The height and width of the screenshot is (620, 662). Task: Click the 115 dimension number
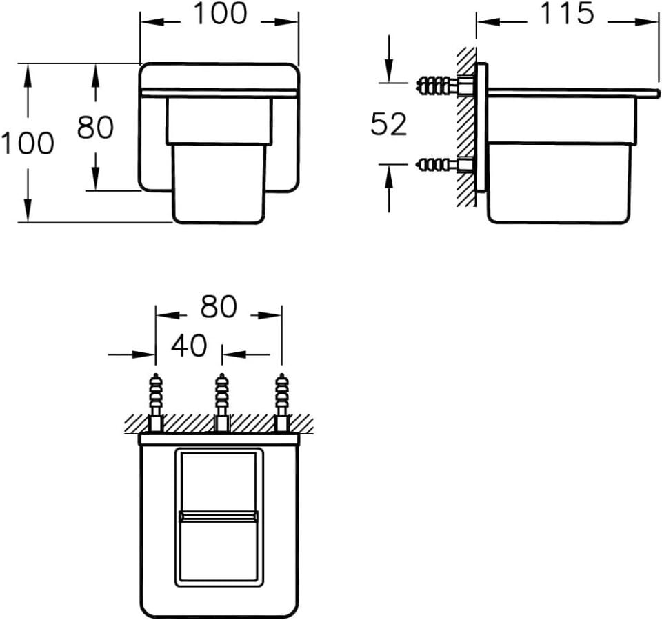click(567, 14)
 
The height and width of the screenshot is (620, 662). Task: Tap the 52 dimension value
click(389, 123)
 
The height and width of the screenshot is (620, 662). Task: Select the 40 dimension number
click(189, 346)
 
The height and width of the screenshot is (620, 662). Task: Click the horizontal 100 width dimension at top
click(219, 13)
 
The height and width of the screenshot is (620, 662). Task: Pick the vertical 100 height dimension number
click(28, 143)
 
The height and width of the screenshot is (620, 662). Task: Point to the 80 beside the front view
click(95, 127)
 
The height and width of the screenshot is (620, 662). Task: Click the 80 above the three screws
click(219, 307)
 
